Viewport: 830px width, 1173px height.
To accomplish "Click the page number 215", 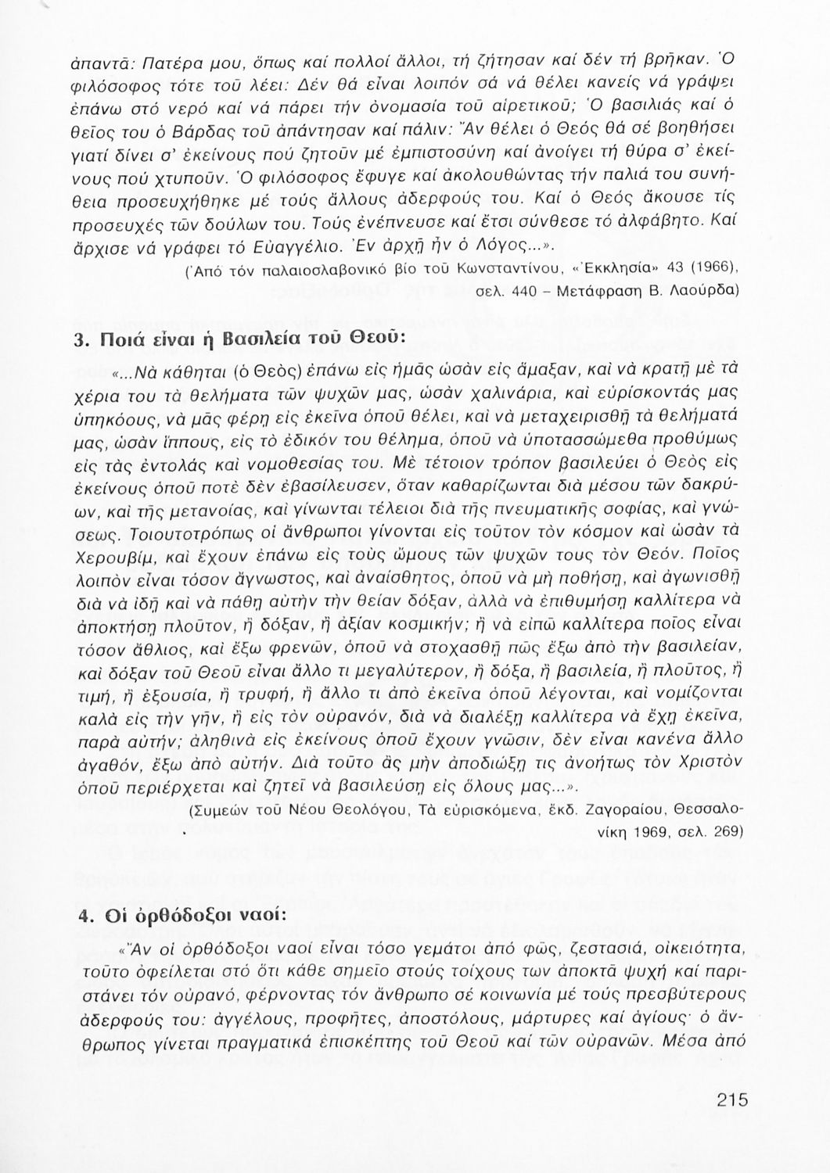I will pos(732,1099).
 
